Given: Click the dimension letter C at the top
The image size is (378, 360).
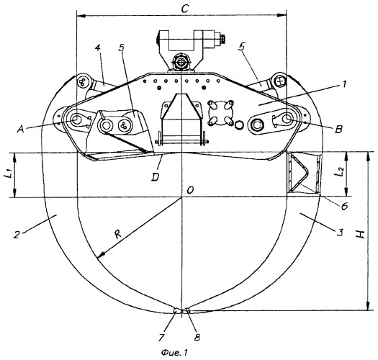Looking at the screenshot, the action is pyautogui.click(x=184, y=9).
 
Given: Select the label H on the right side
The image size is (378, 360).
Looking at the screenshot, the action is pyautogui.click(x=361, y=234).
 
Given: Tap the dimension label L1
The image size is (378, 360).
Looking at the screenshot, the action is pyautogui.click(x=8, y=174).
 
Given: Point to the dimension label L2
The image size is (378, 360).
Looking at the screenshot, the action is pyautogui.click(x=340, y=172).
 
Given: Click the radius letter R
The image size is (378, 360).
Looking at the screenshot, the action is pyautogui.click(x=117, y=234).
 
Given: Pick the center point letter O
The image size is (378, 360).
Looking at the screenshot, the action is pyautogui.click(x=190, y=191).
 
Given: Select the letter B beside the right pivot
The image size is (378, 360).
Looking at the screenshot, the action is pyautogui.click(x=338, y=130).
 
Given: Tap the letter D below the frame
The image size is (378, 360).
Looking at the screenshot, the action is pyautogui.click(x=155, y=177).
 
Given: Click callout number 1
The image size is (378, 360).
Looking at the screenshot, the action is pyautogui.click(x=344, y=85).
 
